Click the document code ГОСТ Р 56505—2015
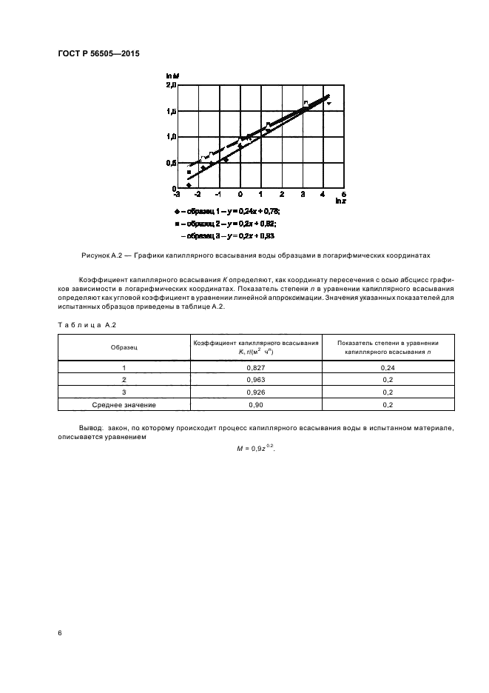tap(98, 54)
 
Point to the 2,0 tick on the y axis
tap(171, 86)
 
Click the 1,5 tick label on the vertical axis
tap(171, 111)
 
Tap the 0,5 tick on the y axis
tap(171, 162)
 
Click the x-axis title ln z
tap(340, 201)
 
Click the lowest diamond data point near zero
tap(189, 185)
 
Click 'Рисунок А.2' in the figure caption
tap(100, 255)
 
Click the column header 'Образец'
tap(124, 346)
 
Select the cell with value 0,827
tap(256, 367)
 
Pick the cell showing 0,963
tap(256, 380)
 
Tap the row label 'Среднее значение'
tap(124, 405)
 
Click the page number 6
tap(60, 632)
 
